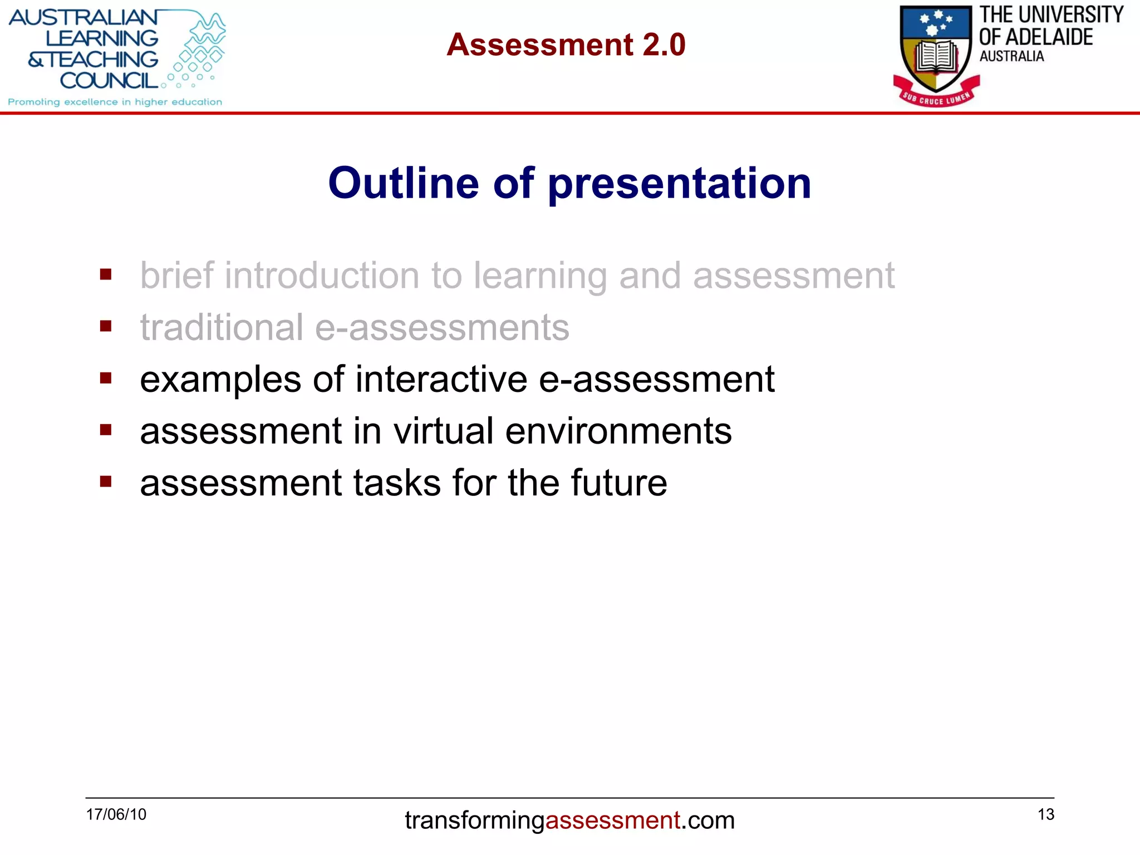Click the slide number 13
pyautogui.click(x=1045, y=814)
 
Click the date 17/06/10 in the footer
pyautogui.click(x=116, y=814)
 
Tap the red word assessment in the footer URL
pyautogui.click(x=612, y=820)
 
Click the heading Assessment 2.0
pyautogui.click(x=566, y=45)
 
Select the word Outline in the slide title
pyautogui.click(x=403, y=183)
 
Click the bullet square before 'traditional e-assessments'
pyautogui.click(x=106, y=326)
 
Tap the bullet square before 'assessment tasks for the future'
pyautogui.click(x=106, y=481)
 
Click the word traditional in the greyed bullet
pyautogui.click(x=222, y=327)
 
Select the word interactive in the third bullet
pyautogui.click(x=441, y=380)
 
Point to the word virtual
pyautogui.click(x=443, y=431)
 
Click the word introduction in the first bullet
pyautogui.click(x=322, y=276)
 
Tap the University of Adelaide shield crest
pyautogui.click(x=936, y=47)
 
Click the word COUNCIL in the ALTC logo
pyautogui.click(x=109, y=81)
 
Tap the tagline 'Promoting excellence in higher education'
pyautogui.click(x=115, y=102)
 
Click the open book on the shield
pyautogui.click(x=937, y=57)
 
